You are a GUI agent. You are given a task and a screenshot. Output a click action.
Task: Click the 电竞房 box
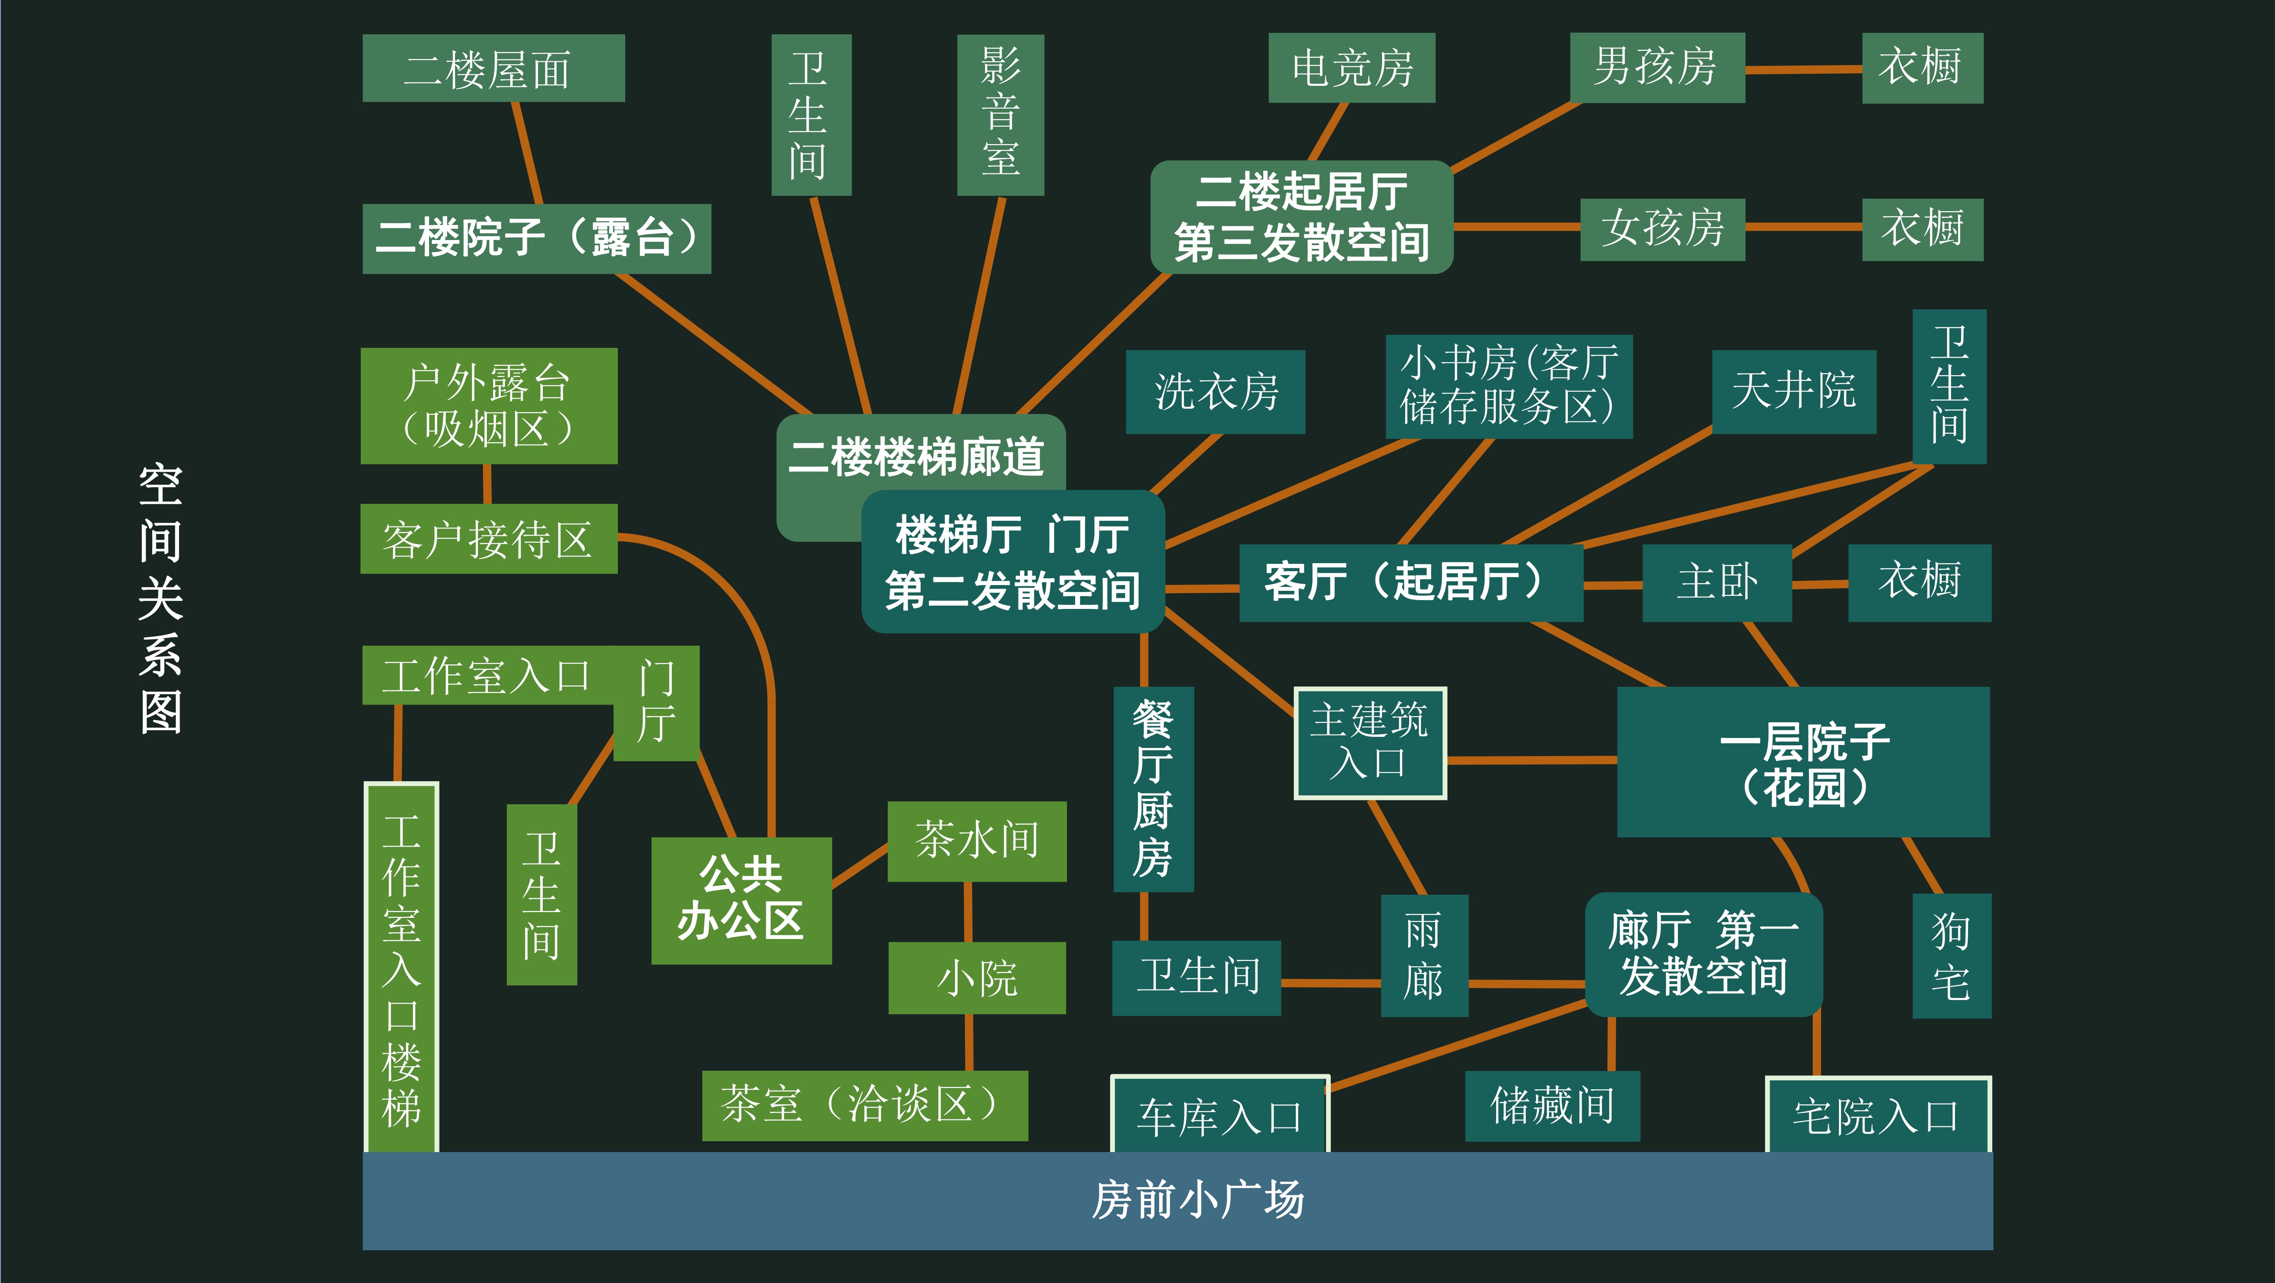(x=1351, y=68)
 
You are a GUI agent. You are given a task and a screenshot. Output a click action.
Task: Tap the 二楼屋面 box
(x=493, y=68)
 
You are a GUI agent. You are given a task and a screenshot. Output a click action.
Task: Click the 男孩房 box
(x=1657, y=68)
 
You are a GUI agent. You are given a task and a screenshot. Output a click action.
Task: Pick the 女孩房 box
(x=1662, y=229)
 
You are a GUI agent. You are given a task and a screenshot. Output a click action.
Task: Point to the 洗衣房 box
(x=1215, y=391)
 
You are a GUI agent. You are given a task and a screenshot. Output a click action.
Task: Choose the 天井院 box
(x=1793, y=391)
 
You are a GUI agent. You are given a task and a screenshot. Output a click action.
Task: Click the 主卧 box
(x=1717, y=583)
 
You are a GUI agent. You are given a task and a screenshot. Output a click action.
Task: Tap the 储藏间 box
(x=1552, y=1105)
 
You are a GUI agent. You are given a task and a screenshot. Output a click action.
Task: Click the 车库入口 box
(x=1220, y=1115)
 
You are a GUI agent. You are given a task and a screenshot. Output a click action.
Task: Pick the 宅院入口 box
(x=1877, y=1115)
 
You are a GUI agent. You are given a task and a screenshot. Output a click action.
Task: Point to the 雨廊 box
(x=1424, y=955)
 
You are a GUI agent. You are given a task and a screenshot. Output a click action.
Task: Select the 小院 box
(x=977, y=978)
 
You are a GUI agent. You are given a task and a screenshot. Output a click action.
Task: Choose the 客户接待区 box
(x=488, y=538)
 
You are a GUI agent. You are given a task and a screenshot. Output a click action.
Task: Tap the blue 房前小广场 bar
(x=1177, y=1200)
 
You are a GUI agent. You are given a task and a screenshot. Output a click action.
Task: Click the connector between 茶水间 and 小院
(x=969, y=912)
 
